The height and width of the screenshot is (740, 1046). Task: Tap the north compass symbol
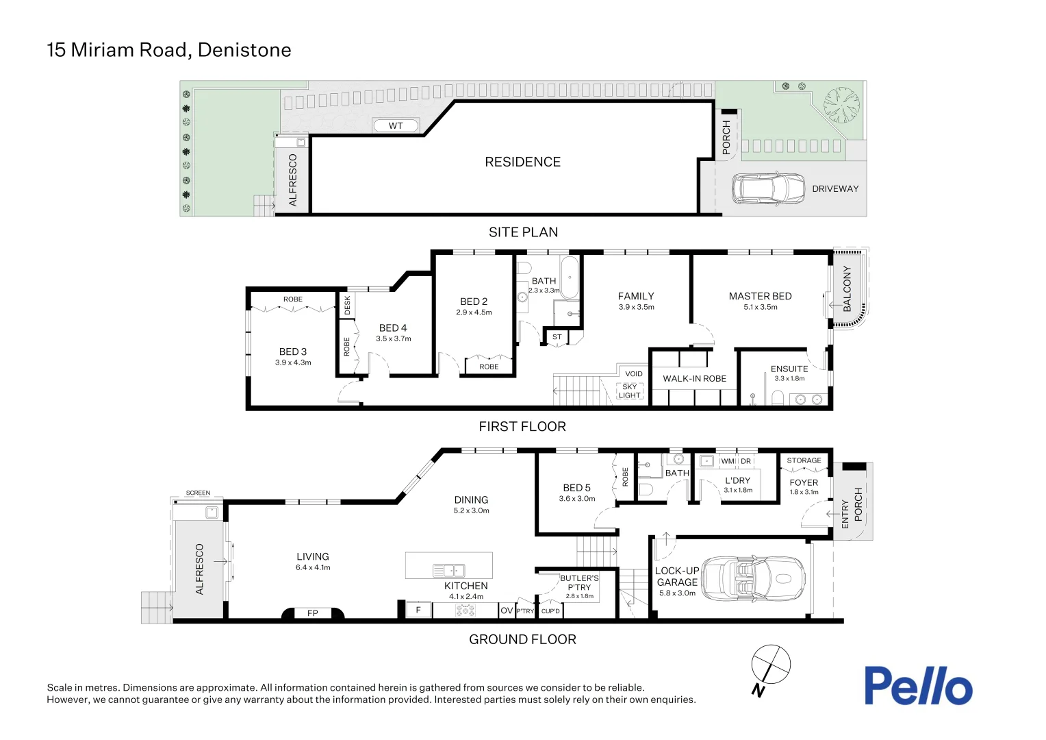tap(769, 669)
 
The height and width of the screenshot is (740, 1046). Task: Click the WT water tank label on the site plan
tap(396, 126)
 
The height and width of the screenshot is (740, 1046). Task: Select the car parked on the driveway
tap(768, 189)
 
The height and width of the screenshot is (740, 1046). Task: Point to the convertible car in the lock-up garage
tap(753, 579)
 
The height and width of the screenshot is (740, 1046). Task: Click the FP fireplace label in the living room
tap(312, 613)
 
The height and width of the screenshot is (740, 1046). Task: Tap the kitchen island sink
tap(449, 570)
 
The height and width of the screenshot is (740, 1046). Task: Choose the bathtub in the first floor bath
tap(570, 277)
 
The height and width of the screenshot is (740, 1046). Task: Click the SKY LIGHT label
tap(630, 391)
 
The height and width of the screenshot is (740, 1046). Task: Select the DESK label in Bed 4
tap(347, 306)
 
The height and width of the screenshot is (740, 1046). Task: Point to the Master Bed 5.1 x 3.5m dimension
tap(761, 307)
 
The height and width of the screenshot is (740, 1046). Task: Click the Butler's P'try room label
tap(580, 582)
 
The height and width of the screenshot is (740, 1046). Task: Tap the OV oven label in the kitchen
tap(506, 610)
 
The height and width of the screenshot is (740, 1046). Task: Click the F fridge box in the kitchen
tap(418, 610)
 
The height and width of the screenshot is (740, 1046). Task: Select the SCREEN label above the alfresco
tap(198, 493)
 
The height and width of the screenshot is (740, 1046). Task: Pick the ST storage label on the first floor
tap(557, 336)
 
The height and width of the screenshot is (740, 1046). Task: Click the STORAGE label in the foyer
tap(804, 460)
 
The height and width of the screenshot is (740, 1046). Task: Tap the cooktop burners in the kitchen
tap(465, 610)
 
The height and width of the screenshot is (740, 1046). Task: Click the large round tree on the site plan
tap(841, 105)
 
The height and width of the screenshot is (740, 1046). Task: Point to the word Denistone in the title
tap(244, 50)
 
